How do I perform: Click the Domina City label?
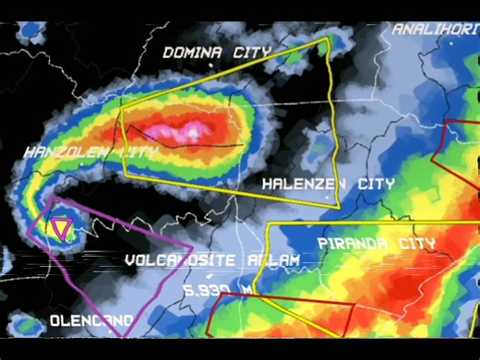217,53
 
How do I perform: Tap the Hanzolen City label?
90,150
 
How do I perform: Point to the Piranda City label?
376,244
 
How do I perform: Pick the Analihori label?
435,30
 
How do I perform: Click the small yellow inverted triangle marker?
62,227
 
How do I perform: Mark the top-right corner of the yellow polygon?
328,39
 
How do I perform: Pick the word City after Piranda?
413,244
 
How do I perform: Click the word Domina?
193,53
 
